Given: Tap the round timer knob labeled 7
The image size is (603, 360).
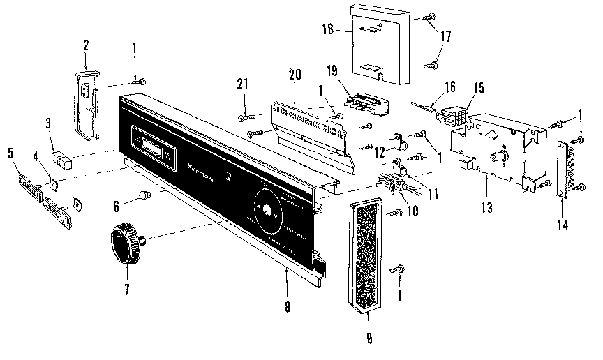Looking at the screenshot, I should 124,241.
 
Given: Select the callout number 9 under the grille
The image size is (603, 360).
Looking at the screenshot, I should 369,339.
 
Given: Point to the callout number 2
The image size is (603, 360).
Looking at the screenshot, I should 85,45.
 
